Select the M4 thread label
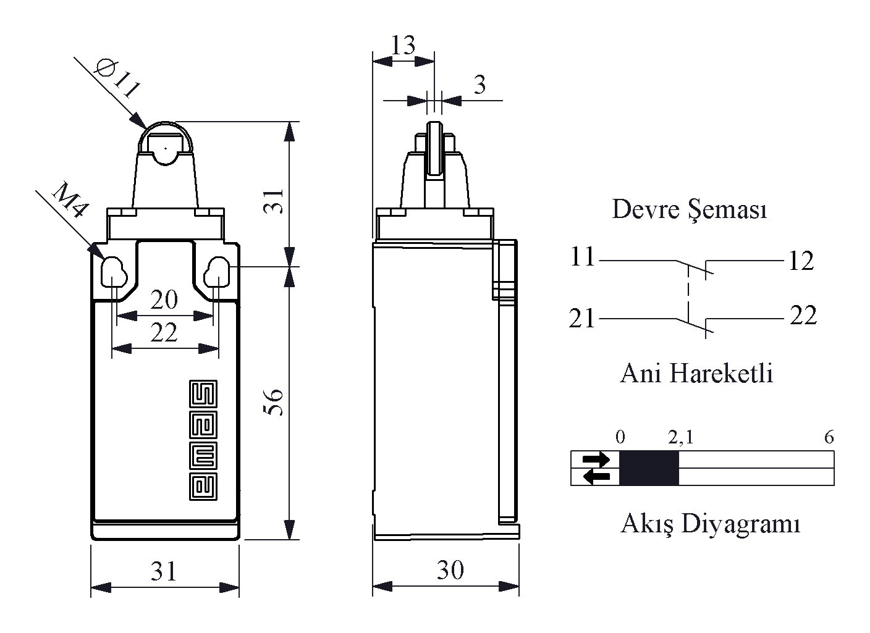click(69, 201)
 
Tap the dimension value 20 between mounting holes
click(164, 300)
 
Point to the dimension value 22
click(164, 333)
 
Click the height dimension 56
click(274, 401)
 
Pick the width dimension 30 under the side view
click(450, 570)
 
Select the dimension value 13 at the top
click(403, 45)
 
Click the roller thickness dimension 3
click(479, 85)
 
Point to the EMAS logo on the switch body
click(203, 440)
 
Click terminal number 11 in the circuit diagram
click(581, 257)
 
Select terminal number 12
click(801, 261)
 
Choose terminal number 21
click(581, 319)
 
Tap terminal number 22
click(803, 316)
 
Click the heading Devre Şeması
click(690, 209)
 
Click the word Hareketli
click(721, 374)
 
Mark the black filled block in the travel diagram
click(649, 467)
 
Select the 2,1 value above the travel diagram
click(680, 438)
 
